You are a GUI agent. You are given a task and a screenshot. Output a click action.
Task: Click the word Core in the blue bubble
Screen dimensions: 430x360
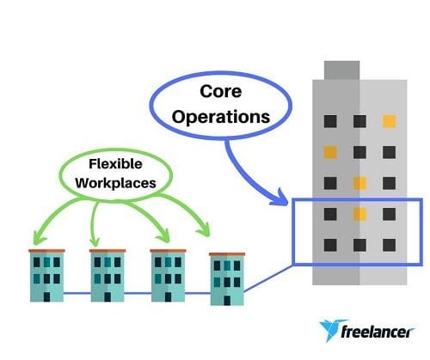tap(221, 91)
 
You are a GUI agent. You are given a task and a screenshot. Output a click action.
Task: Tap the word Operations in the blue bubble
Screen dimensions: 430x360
tap(221, 117)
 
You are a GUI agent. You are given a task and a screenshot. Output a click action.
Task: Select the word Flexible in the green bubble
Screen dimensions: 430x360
tap(115, 164)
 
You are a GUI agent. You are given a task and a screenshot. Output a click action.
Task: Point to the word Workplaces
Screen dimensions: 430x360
tap(115, 183)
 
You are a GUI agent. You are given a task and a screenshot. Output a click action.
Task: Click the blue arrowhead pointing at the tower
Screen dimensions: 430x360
tap(279, 198)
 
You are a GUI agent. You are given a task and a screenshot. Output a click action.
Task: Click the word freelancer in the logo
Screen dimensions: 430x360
tap(378, 333)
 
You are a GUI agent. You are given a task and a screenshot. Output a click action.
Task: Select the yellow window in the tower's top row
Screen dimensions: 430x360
tap(390, 121)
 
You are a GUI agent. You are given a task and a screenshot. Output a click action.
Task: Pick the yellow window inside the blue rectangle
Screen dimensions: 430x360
tap(359, 214)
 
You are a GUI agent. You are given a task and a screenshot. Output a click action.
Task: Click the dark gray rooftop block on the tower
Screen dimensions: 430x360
tap(341, 70)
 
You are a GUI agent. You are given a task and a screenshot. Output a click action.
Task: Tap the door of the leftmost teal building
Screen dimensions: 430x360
tap(46, 296)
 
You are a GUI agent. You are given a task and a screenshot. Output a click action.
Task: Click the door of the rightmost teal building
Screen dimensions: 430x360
tap(227, 301)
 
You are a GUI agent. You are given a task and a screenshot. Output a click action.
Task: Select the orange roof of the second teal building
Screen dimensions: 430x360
tap(107, 251)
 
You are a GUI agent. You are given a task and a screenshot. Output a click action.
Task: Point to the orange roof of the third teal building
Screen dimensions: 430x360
tap(168, 251)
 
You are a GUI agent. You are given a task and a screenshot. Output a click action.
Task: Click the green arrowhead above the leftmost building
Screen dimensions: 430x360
tap(39, 239)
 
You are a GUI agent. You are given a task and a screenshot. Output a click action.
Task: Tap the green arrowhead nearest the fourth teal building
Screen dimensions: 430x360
tap(204, 231)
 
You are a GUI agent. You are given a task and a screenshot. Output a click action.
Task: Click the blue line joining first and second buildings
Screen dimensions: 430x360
tap(77, 293)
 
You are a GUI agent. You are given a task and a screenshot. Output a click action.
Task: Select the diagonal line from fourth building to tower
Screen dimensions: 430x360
tap(268, 278)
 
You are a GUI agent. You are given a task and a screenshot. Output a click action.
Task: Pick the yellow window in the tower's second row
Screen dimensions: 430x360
tap(330, 152)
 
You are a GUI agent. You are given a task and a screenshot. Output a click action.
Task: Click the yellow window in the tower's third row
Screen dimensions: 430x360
tap(359, 183)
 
